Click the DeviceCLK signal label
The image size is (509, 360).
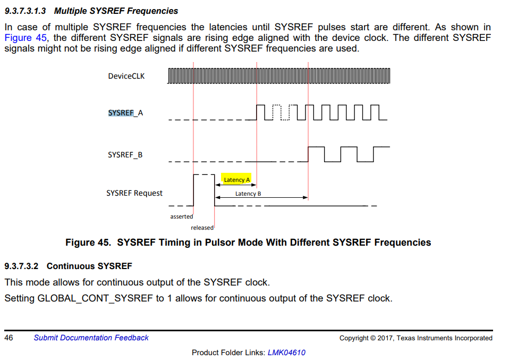(x=126, y=76)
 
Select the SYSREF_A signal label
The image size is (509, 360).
(x=125, y=113)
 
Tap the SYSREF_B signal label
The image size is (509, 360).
(x=125, y=155)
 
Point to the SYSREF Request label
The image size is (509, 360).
(x=134, y=193)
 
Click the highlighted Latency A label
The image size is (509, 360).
(x=236, y=180)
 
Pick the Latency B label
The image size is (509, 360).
(x=248, y=194)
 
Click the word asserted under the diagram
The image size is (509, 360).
(x=182, y=216)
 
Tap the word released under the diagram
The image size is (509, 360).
(x=202, y=228)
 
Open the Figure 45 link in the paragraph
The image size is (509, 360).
(x=26, y=38)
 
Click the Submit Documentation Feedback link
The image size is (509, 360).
(x=91, y=338)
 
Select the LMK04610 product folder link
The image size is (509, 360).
(x=286, y=352)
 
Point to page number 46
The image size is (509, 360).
(x=9, y=338)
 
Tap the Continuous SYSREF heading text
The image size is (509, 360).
(x=89, y=266)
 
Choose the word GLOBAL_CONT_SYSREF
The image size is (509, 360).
(x=95, y=298)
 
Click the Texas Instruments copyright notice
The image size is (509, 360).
(x=415, y=338)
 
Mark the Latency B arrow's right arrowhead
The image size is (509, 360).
(x=306, y=197)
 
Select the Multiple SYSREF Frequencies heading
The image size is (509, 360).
(x=116, y=11)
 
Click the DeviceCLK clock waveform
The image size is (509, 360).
(x=279, y=76)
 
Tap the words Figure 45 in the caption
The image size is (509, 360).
(x=88, y=242)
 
